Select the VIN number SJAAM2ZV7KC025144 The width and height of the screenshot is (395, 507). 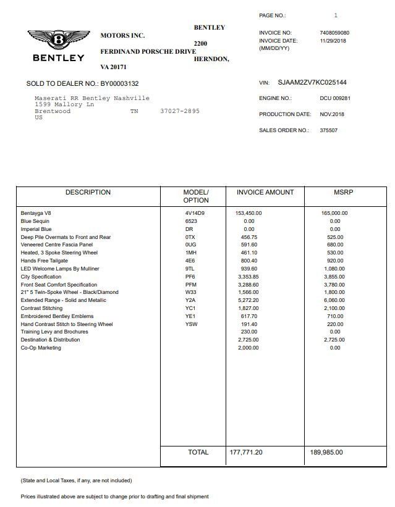(x=312, y=83)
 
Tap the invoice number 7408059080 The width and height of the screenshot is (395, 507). (x=334, y=33)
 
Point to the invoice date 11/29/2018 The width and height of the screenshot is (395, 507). (x=333, y=41)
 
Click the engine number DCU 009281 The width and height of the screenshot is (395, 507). (x=335, y=98)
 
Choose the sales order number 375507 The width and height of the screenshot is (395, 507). (x=328, y=130)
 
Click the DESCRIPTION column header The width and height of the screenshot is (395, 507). (x=88, y=193)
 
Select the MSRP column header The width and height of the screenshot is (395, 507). (x=343, y=193)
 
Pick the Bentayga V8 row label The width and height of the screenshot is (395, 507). (x=36, y=214)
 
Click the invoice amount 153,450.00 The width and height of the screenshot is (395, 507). (x=248, y=214)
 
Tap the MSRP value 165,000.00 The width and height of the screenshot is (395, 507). (x=334, y=214)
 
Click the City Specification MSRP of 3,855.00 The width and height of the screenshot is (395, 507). (x=334, y=277)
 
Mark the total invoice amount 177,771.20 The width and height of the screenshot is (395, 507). (x=246, y=453)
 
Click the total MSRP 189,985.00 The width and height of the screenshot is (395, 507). (x=326, y=453)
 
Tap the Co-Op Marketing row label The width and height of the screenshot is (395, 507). (x=41, y=348)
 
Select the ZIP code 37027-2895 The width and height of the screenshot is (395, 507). (x=180, y=111)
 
